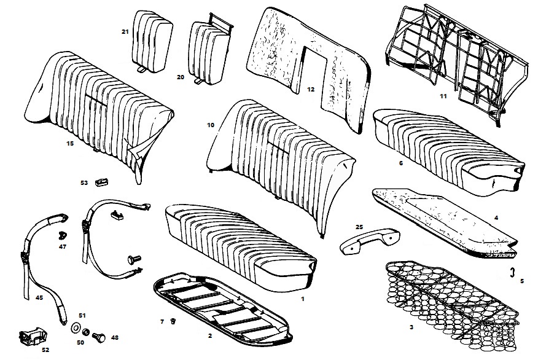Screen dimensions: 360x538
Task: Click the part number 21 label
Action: click(x=125, y=32)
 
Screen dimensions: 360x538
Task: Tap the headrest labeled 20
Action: click(x=209, y=49)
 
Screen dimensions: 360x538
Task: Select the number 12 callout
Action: click(x=311, y=90)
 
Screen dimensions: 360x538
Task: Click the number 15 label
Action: click(x=70, y=144)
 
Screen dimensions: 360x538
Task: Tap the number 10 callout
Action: click(x=211, y=125)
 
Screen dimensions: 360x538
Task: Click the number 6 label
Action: click(x=401, y=163)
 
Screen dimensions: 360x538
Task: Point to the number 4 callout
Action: click(x=496, y=217)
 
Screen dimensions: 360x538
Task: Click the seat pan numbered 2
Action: click(x=221, y=307)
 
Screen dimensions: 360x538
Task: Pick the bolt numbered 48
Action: click(x=99, y=336)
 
